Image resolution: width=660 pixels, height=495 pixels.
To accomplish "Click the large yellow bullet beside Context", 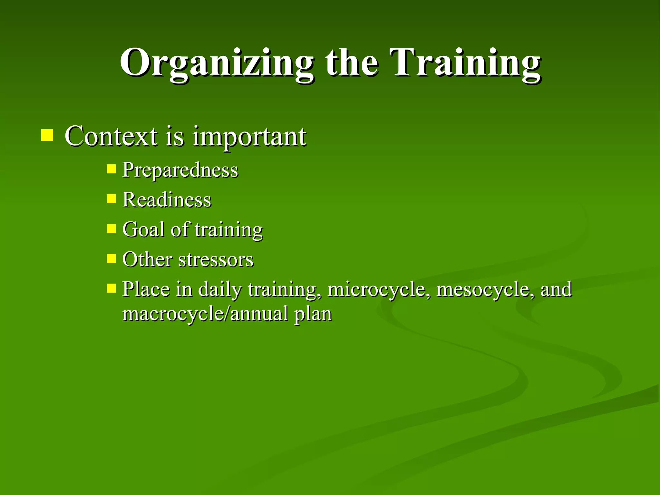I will [x=47, y=135].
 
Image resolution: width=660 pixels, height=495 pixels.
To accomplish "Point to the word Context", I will [x=111, y=136].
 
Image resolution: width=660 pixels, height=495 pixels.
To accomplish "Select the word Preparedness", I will [x=180, y=170].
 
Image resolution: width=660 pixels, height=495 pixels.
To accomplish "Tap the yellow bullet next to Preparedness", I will [x=111, y=169].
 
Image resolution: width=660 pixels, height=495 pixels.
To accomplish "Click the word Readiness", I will [x=167, y=200].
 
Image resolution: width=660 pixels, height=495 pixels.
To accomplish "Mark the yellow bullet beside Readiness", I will [x=111, y=199].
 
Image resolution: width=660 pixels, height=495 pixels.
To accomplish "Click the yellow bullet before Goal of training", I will [x=111, y=229].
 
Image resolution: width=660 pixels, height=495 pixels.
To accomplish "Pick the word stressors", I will [x=216, y=260].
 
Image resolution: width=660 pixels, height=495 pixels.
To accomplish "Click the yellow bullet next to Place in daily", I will [x=111, y=288].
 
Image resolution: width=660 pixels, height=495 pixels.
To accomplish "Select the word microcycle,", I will [x=379, y=289].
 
